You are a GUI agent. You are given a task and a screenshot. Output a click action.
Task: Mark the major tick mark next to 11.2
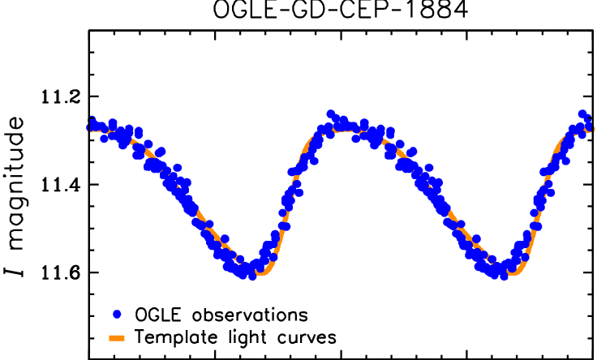click(95, 97)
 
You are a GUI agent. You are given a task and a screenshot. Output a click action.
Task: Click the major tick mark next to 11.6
click(95, 272)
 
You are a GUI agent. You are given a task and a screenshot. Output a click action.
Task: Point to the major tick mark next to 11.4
click(95, 185)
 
